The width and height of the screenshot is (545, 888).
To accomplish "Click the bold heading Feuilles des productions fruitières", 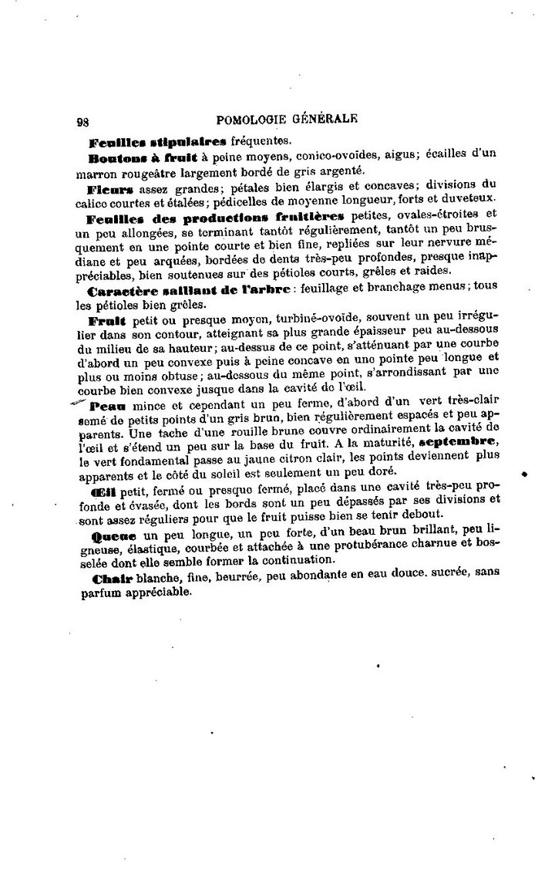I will click(217, 218).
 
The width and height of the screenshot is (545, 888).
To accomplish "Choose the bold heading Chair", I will click(111, 579).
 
